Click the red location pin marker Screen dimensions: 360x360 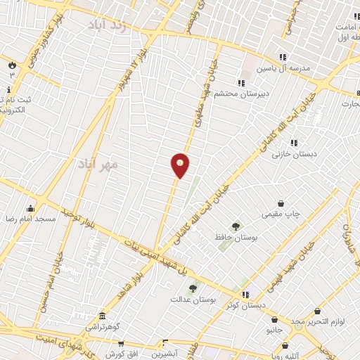click(180, 165)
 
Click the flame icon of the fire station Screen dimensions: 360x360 click(12, 65)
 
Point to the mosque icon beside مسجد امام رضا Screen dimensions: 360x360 click(30, 209)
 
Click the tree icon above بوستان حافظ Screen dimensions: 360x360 click(235, 226)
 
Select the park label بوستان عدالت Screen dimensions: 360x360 click(191, 299)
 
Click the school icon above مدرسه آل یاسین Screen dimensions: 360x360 click(283, 57)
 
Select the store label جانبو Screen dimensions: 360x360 click(274, 329)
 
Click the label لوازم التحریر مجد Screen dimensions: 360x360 click(316, 321)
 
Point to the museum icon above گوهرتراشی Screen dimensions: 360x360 click(103, 316)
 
